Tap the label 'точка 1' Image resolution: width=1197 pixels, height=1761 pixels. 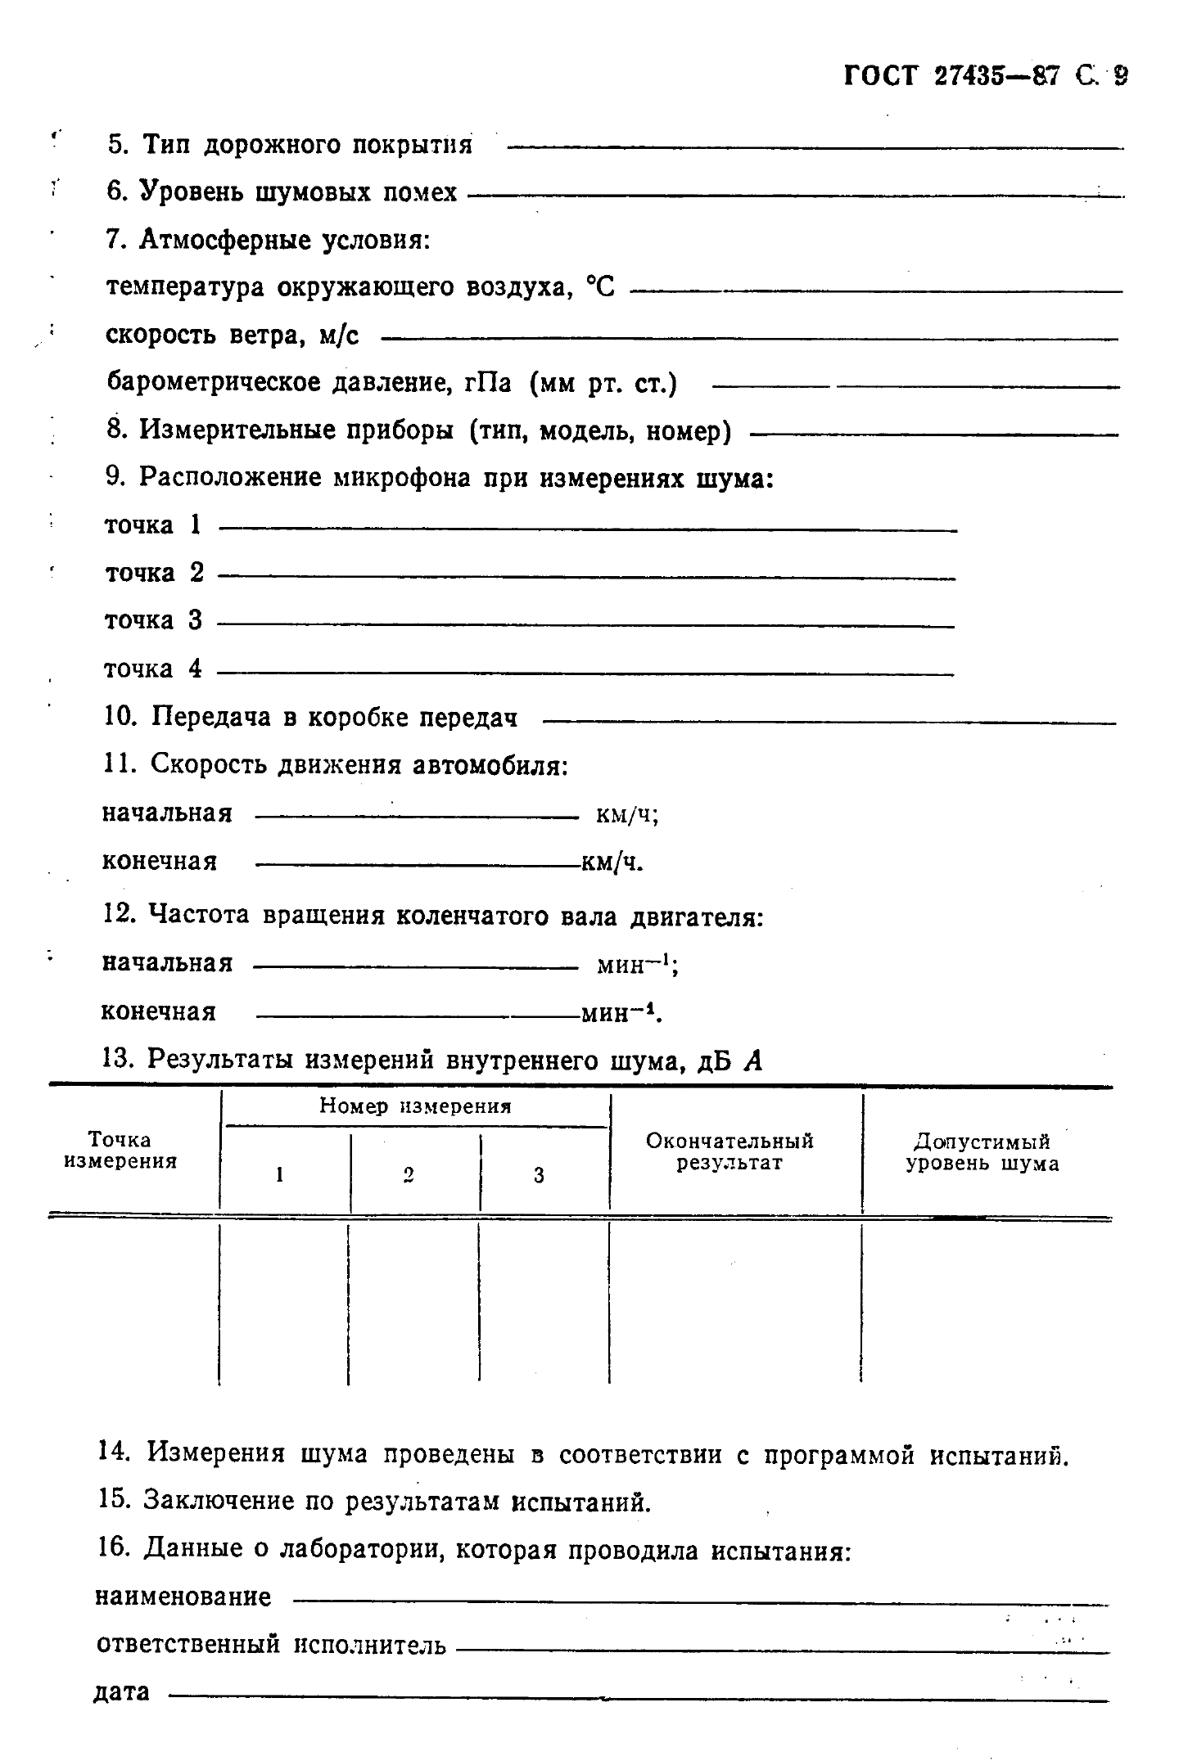[x=153, y=525]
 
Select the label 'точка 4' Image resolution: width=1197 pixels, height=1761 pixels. [x=153, y=669]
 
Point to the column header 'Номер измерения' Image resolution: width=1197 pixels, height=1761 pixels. [x=415, y=1106]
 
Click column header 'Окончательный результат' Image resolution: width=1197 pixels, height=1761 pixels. [x=729, y=1151]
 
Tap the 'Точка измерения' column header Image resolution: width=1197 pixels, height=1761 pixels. [x=120, y=1150]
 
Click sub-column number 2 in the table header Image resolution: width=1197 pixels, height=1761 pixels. [x=408, y=1175]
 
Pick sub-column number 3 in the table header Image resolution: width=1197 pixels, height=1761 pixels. [x=539, y=1175]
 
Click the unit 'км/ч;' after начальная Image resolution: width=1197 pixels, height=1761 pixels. [x=628, y=815]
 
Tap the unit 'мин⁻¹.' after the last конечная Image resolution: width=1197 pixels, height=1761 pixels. [x=621, y=1014]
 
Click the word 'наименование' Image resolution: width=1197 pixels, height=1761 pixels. [x=183, y=1597]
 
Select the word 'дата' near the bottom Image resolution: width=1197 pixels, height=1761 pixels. [x=123, y=1691]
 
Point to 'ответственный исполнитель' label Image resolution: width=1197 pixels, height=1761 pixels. [x=271, y=1644]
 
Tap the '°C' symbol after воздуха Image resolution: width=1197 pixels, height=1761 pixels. [x=600, y=287]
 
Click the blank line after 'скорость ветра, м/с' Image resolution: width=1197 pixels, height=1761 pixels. [x=749, y=338]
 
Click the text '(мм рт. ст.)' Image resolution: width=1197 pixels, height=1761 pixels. [x=603, y=383]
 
